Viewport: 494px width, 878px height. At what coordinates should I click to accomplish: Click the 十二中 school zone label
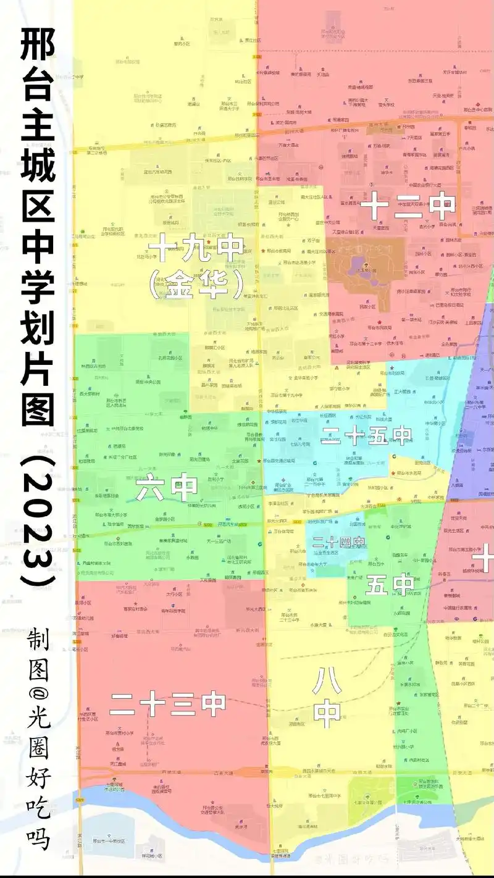click(x=408, y=206)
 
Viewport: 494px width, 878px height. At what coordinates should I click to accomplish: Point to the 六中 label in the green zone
click(x=166, y=488)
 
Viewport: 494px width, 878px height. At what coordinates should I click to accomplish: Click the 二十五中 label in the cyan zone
click(x=366, y=437)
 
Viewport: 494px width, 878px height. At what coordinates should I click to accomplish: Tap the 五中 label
click(x=389, y=583)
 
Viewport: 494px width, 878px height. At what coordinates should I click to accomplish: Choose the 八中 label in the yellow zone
click(x=327, y=696)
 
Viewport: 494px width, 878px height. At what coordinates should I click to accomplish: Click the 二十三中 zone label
click(x=167, y=703)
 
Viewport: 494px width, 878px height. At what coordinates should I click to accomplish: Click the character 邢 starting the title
click(x=38, y=44)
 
